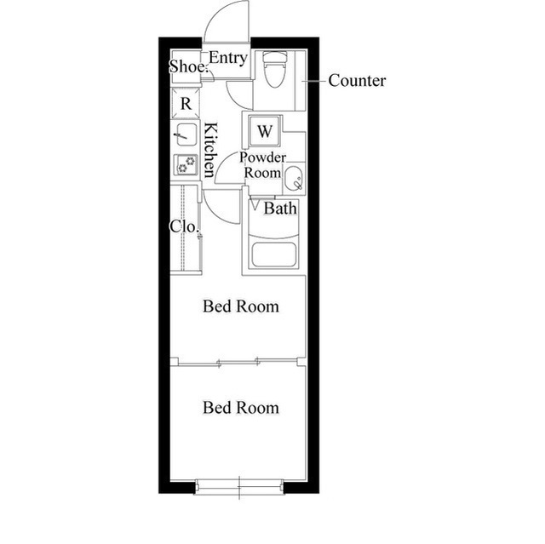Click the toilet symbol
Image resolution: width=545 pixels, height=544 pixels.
click(x=275, y=69)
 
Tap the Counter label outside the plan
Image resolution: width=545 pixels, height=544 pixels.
click(x=357, y=81)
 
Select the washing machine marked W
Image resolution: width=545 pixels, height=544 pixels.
click(x=265, y=131)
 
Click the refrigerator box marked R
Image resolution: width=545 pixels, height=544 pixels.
click(x=186, y=104)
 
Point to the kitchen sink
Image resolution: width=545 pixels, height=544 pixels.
click(x=186, y=135)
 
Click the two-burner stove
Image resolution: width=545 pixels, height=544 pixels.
click(x=186, y=164)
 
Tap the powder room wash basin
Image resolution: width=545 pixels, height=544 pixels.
click(x=295, y=178)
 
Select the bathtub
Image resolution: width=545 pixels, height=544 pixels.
click(x=274, y=255)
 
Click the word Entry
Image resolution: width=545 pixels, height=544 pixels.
click(x=228, y=58)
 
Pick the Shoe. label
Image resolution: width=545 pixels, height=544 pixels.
click(x=188, y=66)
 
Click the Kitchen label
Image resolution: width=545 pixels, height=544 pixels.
click(x=210, y=150)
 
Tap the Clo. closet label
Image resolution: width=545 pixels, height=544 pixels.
click(x=184, y=226)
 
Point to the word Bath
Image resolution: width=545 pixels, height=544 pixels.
click(x=280, y=209)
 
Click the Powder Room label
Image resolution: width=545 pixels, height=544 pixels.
click(x=262, y=165)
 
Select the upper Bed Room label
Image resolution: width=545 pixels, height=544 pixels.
click(x=241, y=306)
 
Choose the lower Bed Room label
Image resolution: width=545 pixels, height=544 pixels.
click(x=241, y=408)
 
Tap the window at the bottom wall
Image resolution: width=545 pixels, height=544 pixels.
click(x=239, y=486)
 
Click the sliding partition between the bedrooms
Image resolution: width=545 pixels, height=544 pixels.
click(x=238, y=363)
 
